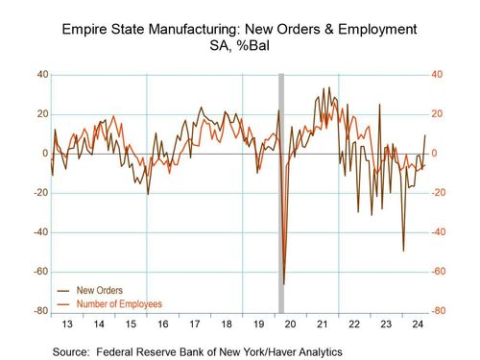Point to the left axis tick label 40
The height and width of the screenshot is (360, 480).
42,75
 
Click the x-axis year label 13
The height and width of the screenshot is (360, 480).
66,325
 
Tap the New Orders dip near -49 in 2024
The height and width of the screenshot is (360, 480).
403,250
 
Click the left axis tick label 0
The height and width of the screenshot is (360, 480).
44,154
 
